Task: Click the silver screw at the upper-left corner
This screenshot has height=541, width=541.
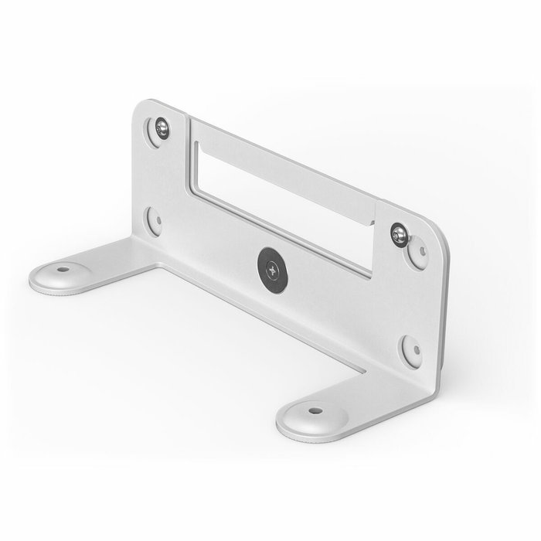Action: point(162,128)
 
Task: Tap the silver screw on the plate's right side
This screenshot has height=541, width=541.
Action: point(399,234)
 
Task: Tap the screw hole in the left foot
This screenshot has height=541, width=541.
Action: point(61,271)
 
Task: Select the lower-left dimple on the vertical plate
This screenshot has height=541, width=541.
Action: point(155,221)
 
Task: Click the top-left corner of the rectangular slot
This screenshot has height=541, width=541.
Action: point(196,144)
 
